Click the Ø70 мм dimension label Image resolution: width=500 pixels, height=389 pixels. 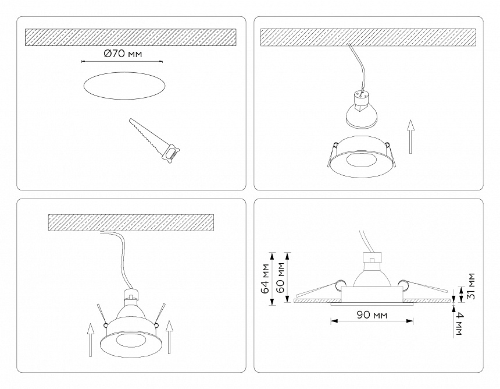pyautogui.click(x=123, y=54)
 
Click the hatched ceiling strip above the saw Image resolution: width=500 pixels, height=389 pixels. pyautogui.click(x=130, y=37)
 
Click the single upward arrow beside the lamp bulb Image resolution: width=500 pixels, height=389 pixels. pyautogui.click(x=411, y=136)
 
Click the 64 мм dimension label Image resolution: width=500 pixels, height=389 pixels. pyautogui.click(x=266, y=278)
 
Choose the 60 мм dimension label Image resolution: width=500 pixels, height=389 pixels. pyautogui.click(x=282, y=277)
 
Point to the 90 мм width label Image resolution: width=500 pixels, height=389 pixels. pyautogui.click(x=372, y=315)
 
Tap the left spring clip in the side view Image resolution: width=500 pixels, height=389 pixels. pyautogui.click(x=317, y=288)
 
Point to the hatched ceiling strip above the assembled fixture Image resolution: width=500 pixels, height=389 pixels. pyautogui.click(x=131, y=222)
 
